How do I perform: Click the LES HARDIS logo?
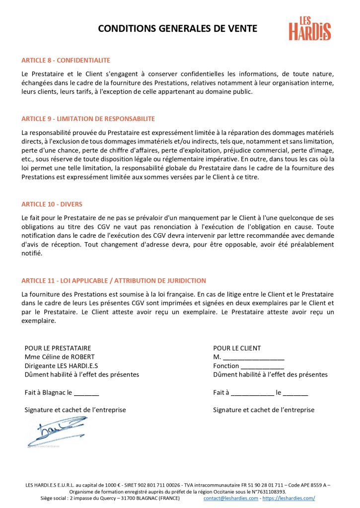(x=310, y=28)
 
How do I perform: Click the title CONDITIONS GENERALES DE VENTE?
(x=177, y=29)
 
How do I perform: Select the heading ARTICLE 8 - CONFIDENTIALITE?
(x=66, y=61)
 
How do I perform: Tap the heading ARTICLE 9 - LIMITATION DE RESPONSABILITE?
(x=88, y=119)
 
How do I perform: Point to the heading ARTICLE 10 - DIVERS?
(x=52, y=204)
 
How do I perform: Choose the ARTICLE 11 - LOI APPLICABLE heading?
(x=114, y=281)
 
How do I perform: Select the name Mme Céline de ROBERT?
(x=60, y=357)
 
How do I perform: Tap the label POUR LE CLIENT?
(x=237, y=348)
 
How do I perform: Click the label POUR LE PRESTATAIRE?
(x=58, y=348)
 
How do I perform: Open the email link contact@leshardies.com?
(x=230, y=498)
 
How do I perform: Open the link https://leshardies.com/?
(x=288, y=498)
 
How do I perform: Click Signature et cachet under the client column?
(x=264, y=410)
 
